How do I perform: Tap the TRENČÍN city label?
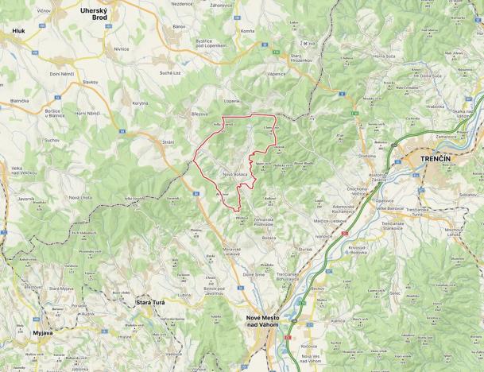click(x=434, y=160)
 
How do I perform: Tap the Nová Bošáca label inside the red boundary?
click(x=236, y=174)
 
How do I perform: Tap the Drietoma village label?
click(x=366, y=156)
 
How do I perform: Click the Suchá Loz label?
click(x=169, y=72)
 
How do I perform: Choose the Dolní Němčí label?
click(x=62, y=74)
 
